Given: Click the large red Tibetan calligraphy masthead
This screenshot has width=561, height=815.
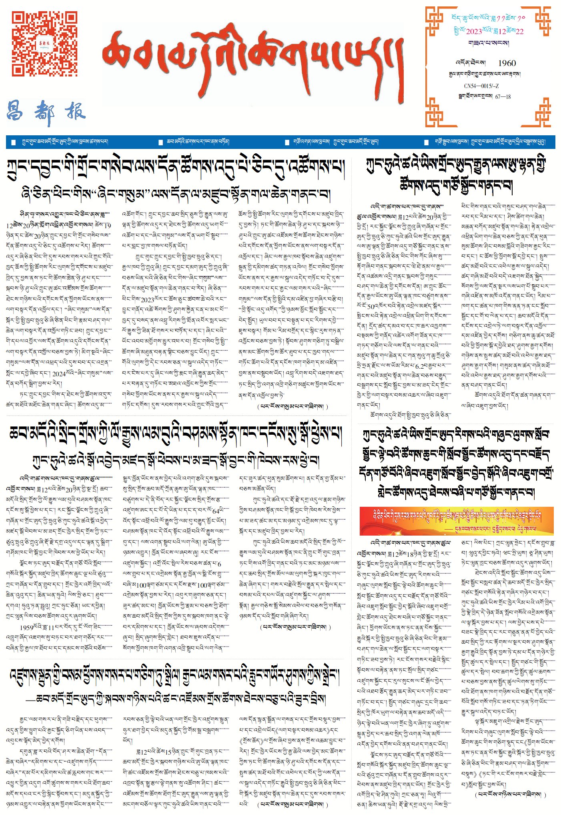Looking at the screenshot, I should (x=252, y=60).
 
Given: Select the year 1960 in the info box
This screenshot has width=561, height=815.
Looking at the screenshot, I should (x=507, y=63).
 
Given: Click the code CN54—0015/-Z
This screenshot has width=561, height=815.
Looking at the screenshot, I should (x=481, y=86).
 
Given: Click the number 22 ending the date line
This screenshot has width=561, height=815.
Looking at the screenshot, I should (x=519, y=32).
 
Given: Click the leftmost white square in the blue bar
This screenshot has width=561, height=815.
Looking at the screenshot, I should (x=14, y=142).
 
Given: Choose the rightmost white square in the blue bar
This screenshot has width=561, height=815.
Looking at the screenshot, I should (x=426, y=142).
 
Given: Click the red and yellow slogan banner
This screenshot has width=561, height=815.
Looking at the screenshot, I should (x=456, y=521).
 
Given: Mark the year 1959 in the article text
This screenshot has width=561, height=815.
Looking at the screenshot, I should (x=27, y=628).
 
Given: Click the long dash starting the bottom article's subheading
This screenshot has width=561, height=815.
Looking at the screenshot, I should (x=30, y=699).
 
